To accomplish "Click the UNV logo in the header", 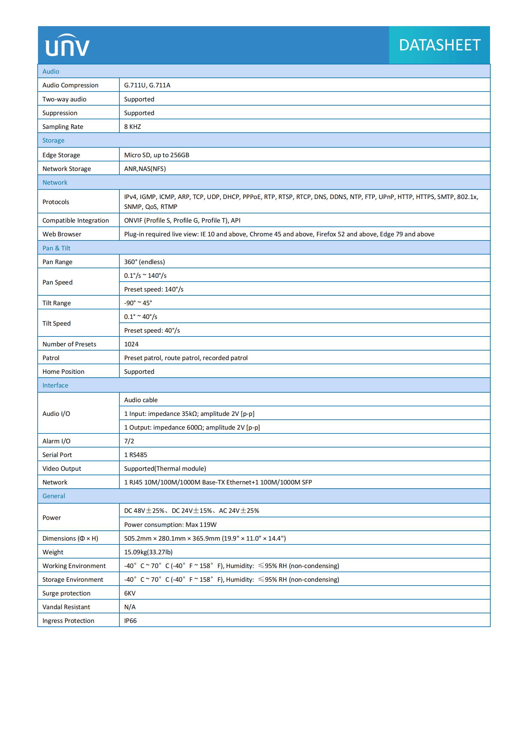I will (67, 46).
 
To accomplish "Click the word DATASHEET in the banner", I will (439, 45).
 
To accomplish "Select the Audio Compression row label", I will (70, 85).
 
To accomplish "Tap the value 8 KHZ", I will (132, 127).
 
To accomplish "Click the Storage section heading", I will (53, 140).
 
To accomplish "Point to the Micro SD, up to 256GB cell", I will (156, 155).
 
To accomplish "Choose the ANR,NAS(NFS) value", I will (145, 169).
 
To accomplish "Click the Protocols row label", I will (56, 202).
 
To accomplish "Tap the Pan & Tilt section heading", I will (56, 248).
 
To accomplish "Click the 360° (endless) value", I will (144, 262).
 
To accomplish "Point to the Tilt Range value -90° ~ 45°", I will (138, 303).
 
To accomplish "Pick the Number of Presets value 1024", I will (131, 344).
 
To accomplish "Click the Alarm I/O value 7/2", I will (129, 441).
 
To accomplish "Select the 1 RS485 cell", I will (135, 454).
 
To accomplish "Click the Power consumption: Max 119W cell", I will (170, 524).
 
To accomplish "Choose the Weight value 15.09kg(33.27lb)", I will (148, 552).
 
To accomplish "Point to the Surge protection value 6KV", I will (130, 593).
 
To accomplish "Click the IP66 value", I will (130, 621).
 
